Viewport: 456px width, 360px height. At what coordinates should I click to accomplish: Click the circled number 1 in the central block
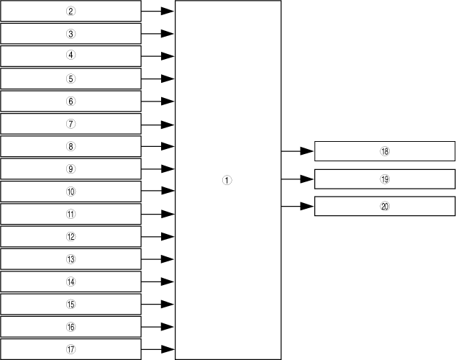click(x=227, y=181)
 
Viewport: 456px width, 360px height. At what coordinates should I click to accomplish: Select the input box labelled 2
click(x=70, y=11)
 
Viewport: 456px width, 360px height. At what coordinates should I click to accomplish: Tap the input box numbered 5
click(x=70, y=78)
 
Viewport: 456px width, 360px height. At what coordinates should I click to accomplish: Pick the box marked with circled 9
click(x=70, y=168)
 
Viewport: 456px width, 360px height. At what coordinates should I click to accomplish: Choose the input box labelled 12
click(x=70, y=236)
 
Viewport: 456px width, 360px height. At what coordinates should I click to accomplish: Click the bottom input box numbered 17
click(x=70, y=349)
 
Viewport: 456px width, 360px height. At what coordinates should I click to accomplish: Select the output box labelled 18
click(x=385, y=151)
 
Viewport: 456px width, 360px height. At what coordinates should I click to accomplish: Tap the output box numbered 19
click(x=385, y=179)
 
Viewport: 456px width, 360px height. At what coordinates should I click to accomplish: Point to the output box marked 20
click(x=385, y=206)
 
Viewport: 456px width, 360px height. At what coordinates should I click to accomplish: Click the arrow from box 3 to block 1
click(x=158, y=33)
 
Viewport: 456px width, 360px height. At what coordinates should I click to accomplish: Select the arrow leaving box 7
click(x=158, y=124)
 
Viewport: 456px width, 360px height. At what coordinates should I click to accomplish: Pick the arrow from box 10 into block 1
click(x=158, y=191)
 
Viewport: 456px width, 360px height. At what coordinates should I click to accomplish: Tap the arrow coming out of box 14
click(x=158, y=282)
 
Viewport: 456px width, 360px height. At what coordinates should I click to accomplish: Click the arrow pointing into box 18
click(x=297, y=151)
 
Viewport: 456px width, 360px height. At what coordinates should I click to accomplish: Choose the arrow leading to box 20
click(x=297, y=206)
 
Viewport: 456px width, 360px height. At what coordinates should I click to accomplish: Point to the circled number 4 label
click(x=70, y=55)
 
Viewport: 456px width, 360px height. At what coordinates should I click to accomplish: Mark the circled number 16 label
click(x=70, y=327)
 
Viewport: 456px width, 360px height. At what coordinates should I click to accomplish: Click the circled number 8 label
click(x=70, y=146)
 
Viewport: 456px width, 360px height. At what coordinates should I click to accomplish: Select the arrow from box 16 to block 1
click(x=158, y=327)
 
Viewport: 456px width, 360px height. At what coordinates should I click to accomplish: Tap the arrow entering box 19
click(x=297, y=179)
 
